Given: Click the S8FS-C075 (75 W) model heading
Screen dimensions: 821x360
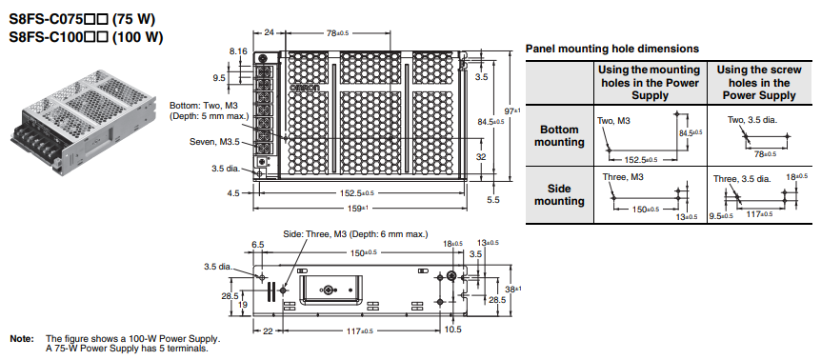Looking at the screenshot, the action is [82, 19].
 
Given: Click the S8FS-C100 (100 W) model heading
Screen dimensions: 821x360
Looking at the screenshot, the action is [86, 37].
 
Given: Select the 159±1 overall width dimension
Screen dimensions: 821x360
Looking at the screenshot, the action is [359, 209].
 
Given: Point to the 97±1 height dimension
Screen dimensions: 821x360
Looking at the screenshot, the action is [512, 110].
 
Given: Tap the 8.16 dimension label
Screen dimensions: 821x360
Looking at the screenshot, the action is [238, 51].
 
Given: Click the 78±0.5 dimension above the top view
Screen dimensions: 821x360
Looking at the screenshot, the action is [337, 33].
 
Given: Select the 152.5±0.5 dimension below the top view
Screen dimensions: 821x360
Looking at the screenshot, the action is [359, 193].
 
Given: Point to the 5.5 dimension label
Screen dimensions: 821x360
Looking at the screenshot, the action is [493, 200].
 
